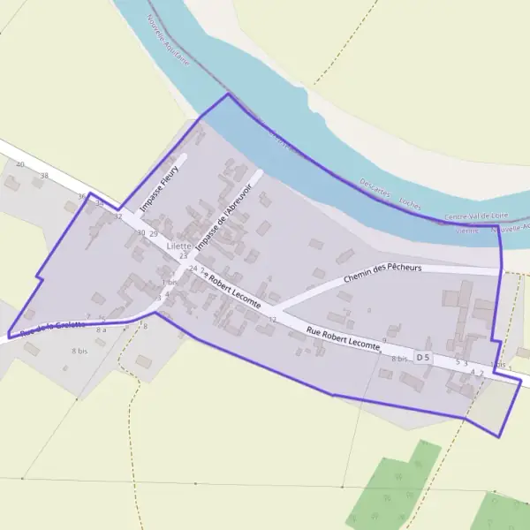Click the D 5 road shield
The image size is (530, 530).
click(423, 358)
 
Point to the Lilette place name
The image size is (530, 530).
click(179, 246)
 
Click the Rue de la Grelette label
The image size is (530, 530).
click(53, 327)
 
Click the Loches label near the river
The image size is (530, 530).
click(410, 201)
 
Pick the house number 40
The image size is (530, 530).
click(19, 165)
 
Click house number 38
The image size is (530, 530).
click(44, 176)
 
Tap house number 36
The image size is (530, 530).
click(82, 196)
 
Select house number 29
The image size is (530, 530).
click(153, 233)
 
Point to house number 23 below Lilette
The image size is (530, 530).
click(183, 256)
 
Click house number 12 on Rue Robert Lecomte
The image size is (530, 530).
click(273, 319)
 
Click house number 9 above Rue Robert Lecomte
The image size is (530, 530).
click(384, 340)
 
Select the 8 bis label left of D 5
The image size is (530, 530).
click(399, 359)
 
